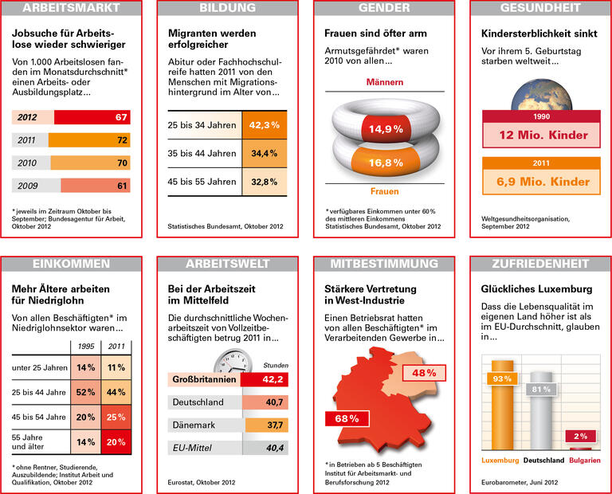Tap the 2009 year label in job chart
point(27,186)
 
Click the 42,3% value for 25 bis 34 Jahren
point(264,125)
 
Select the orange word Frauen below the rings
point(385,191)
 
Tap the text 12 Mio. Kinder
point(542,135)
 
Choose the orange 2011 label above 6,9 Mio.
point(542,163)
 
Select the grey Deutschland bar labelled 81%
point(541,412)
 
